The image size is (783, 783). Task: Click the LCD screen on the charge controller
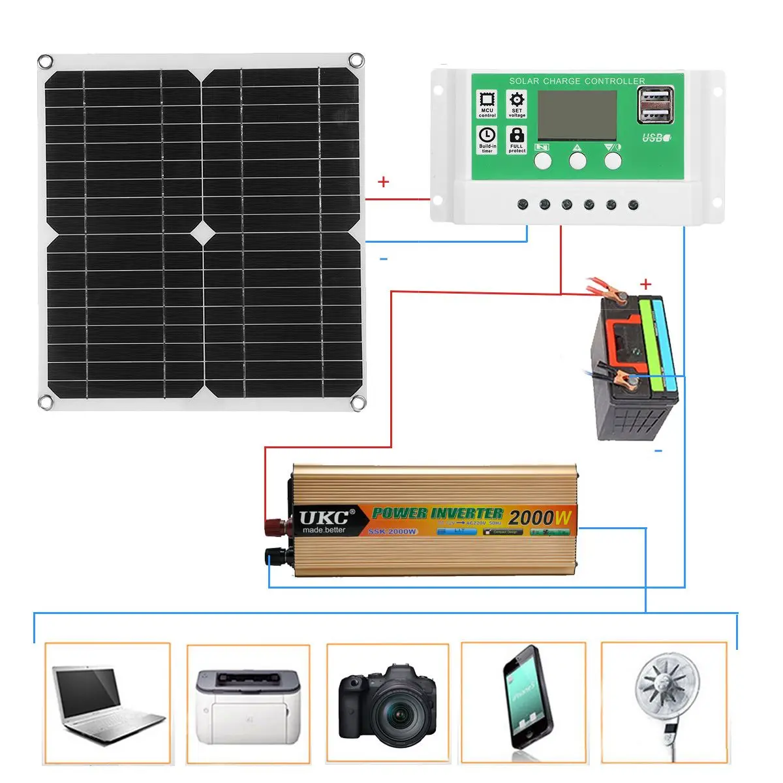pos(577,114)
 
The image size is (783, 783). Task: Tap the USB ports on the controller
pos(654,106)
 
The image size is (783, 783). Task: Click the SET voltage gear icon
pos(517,100)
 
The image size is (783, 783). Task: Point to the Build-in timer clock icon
pos(487,136)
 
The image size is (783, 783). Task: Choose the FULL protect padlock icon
pos(517,136)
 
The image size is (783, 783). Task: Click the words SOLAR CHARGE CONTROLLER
pos(577,81)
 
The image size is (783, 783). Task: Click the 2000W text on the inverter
pos(540,518)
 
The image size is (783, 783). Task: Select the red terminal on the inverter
pos(273,523)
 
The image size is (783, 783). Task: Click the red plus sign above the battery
pos(646,284)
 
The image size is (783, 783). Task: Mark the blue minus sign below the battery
pos(658,451)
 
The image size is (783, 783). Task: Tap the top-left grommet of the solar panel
pos(45,62)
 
